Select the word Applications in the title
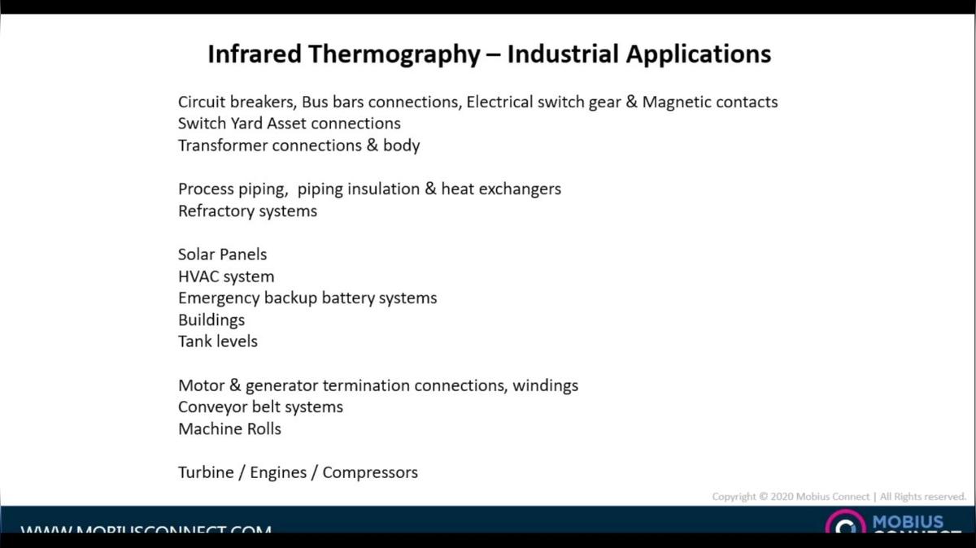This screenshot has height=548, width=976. (x=697, y=54)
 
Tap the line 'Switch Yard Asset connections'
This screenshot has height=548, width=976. (x=289, y=124)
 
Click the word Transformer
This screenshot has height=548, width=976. (x=222, y=146)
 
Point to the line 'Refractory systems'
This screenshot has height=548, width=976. (x=247, y=211)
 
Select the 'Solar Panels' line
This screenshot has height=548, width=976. (x=222, y=254)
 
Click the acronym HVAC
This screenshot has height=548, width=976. (x=198, y=276)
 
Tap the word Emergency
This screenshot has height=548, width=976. (x=218, y=298)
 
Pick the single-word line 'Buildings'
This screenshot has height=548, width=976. (x=211, y=320)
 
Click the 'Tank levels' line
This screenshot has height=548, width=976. (x=217, y=341)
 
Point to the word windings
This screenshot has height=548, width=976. (x=545, y=385)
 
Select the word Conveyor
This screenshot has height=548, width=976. (x=211, y=407)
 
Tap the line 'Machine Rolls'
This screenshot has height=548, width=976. (x=229, y=428)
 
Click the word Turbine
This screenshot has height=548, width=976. (x=205, y=472)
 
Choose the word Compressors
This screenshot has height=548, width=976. (x=370, y=472)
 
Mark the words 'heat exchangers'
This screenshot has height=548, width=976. (x=501, y=189)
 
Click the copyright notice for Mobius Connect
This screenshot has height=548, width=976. (x=839, y=496)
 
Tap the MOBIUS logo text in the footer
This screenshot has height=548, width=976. (x=908, y=522)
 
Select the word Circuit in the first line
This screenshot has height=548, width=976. (x=203, y=102)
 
